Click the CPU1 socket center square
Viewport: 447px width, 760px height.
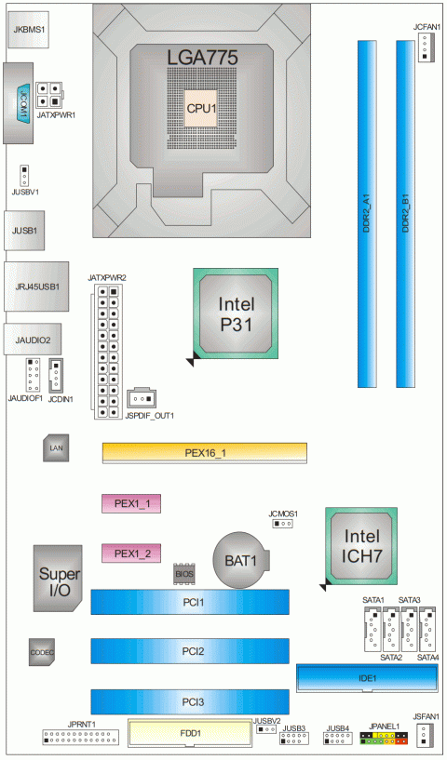(201, 108)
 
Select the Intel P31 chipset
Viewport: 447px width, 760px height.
(236, 313)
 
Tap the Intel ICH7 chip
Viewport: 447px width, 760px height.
(361, 546)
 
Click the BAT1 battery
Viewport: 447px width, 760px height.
(241, 560)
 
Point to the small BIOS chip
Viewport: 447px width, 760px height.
(184, 574)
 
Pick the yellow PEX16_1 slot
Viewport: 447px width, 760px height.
(204, 453)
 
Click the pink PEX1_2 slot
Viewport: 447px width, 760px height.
(131, 553)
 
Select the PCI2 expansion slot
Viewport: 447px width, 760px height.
(190, 651)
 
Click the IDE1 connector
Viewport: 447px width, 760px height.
(368, 678)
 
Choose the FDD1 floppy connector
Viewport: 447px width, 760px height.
(190, 733)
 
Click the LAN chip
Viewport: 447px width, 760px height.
(56, 447)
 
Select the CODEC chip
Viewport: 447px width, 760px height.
(42, 652)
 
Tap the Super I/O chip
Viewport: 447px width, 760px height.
(58, 578)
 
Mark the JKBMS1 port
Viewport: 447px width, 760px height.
(29, 29)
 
